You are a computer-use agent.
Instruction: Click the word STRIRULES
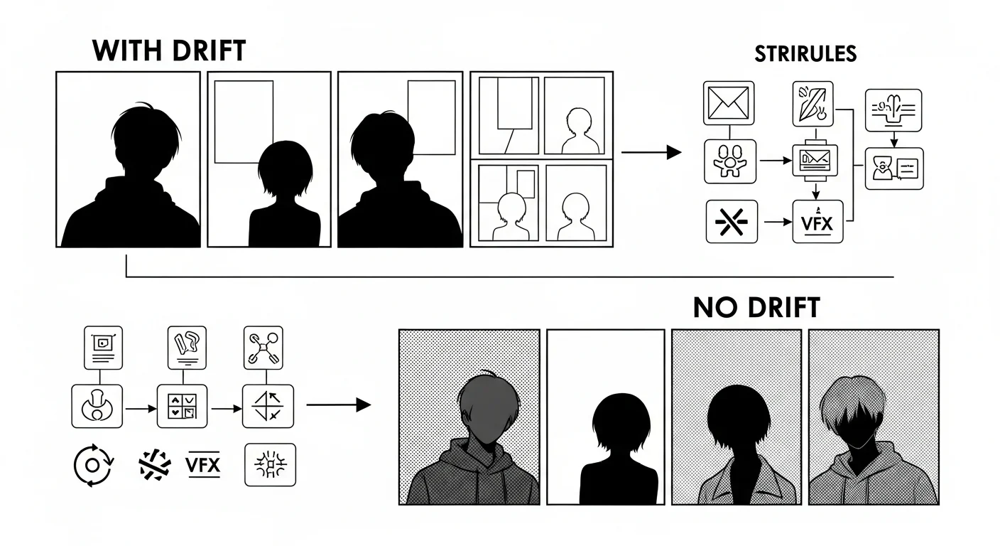(805, 54)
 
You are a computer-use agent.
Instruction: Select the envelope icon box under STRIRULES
(729, 103)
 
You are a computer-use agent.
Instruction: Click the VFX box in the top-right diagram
(818, 222)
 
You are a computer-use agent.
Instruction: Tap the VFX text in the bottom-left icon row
(202, 465)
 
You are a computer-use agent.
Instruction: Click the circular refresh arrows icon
(93, 465)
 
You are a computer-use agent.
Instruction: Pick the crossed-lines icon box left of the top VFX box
(732, 222)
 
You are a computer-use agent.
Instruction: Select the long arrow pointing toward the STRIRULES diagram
(651, 152)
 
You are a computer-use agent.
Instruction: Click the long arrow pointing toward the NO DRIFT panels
(339, 405)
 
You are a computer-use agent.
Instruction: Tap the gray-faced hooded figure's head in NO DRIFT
(489, 407)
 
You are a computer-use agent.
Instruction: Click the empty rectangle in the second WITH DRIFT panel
(244, 122)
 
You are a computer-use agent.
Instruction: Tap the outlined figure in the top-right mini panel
(580, 131)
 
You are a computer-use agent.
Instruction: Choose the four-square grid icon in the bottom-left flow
(182, 407)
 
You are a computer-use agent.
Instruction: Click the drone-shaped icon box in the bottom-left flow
(263, 348)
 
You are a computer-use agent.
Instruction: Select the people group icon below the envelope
(730, 161)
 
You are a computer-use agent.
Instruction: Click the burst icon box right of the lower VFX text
(270, 465)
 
